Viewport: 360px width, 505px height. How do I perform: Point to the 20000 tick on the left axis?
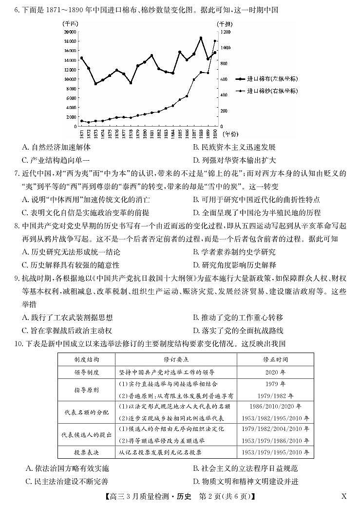click(x=70, y=31)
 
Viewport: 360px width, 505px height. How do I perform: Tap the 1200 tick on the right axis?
click(x=225, y=31)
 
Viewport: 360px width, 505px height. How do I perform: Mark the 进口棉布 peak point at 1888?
click(x=201, y=38)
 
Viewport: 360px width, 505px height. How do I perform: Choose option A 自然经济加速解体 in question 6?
click(x=57, y=147)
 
